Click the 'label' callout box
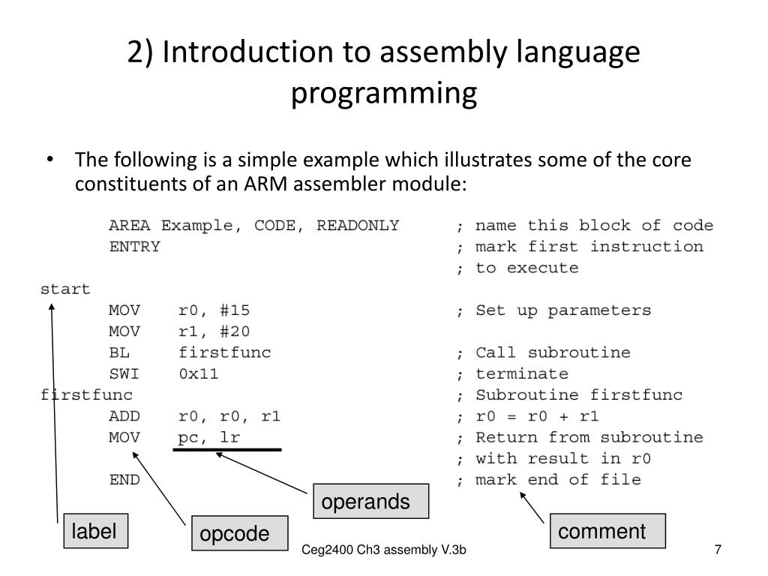point(94,532)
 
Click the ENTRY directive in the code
point(134,247)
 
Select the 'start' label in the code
point(65,289)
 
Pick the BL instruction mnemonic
point(119,352)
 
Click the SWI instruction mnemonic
point(124,373)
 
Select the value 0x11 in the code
point(199,373)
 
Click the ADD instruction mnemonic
point(124,416)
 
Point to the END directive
point(124,480)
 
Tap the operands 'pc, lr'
point(208,437)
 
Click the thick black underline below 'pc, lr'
point(227,450)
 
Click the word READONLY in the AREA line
point(358,226)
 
